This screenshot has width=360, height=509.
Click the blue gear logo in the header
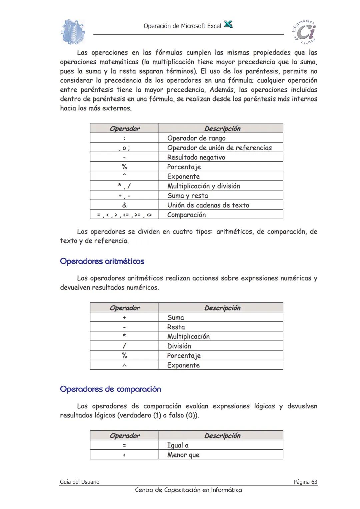pyautogui.click(x=73, y=32)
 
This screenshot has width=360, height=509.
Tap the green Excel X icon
pyautogui.click(x=228, y=24)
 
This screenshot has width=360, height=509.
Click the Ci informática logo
pyautogui.click(x=304, y=32)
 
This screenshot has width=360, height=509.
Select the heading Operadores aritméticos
pyautogui.click(x=102, y=261)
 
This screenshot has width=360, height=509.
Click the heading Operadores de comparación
pyautogui.click(x=110, y=389)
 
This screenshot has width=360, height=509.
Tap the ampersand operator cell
pyautogui.click(x=124, y=205)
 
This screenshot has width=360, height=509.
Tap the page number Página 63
pyautogui.click(x=305, y=482)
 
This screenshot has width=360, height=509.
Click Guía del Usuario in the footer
pyautogui.click(x=80, y=482)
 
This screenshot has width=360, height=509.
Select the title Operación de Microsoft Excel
pyautogui.click(x=182, y=26)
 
